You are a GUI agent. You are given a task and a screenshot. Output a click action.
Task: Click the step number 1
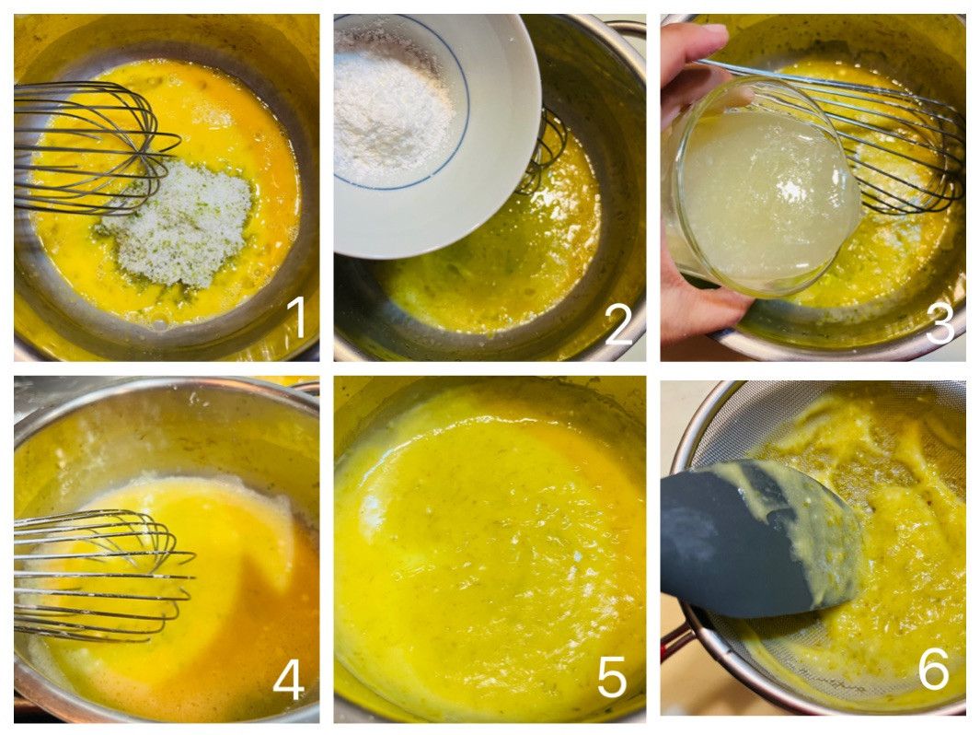296,317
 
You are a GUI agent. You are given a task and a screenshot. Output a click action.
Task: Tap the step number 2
618,325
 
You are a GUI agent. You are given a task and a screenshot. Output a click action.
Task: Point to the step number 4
289,680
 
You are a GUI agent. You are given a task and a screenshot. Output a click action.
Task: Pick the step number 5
612,677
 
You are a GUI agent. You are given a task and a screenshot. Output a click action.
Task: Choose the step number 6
934,668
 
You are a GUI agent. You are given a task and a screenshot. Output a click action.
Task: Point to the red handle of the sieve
675,641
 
